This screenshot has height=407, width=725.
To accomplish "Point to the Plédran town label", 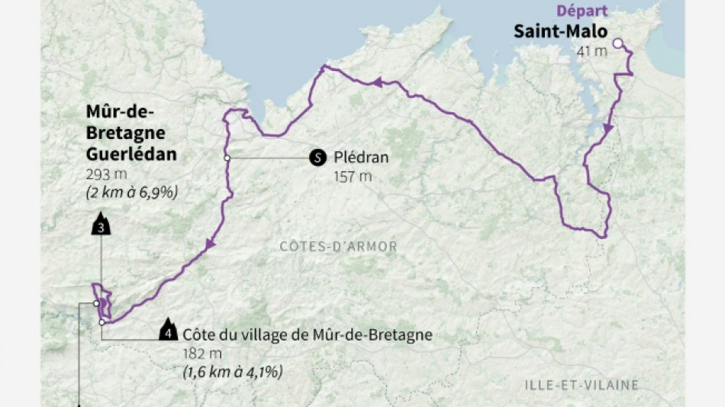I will [x=361, y=158].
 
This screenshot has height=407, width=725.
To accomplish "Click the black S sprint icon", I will [x=317, y=158].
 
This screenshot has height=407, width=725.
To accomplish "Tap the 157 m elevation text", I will [x=353, y=177].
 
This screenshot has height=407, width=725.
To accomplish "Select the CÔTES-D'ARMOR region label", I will [x=338, y=247].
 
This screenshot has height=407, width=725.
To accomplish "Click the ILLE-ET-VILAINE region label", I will [x=582, y=384].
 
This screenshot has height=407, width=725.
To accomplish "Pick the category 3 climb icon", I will [x=101, y=227].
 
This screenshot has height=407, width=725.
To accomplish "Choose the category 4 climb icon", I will [x=166, y=334].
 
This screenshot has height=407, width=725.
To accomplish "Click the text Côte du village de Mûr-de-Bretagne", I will [x=308, y=334].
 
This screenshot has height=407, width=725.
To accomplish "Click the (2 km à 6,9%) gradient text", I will [x=131, y=192].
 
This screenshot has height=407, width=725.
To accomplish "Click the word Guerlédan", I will [x=131, y=153].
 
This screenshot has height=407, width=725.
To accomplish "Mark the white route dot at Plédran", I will [x=227, y=158].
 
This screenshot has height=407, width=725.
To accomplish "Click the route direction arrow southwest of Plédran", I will [x=209, y=244].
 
